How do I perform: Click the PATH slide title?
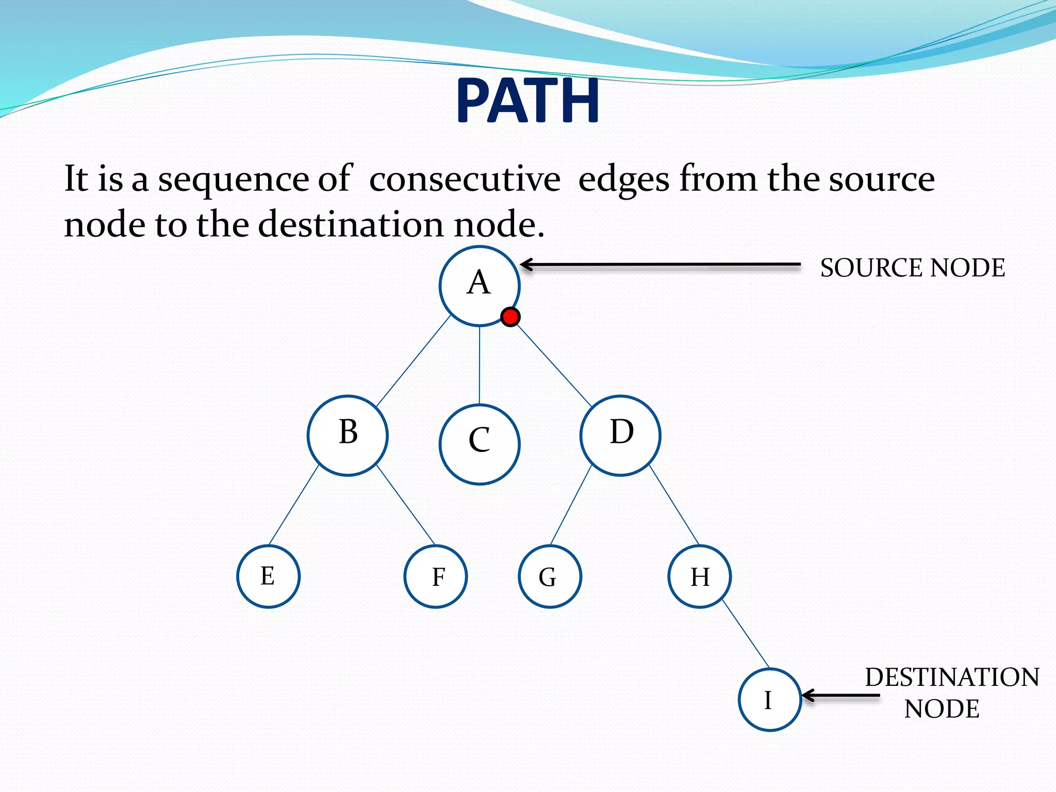pyautogui.click(x=527, y=100)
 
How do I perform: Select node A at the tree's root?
pyautogui.click(x=479, y=286)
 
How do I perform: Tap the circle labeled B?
pyautogui.click(x=348, y=435)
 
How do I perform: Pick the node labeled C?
pyautogui.click(x=479, y=444)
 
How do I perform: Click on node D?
pyautogui.click(x=620, y=435)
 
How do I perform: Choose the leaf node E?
pyautogui.click(x=268, y=576)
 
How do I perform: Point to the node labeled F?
pyautogui.click(x=436, y=576)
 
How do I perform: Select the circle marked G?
pyautogui.click(x=550, y=576)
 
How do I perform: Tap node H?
pyautogui.click(x=699, y=576)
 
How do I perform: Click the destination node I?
pyautogui.click(x=769, y=699)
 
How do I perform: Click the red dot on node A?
pyautogui.click(x=510, y=317)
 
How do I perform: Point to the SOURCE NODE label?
pyautogui.click(x=912, y=268)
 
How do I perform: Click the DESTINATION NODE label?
pyautogui.click(x=951, y=692)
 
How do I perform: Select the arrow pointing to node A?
pyautogui.click(x=660, y=265)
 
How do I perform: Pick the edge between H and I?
pyautogui.click(x=746, y=634)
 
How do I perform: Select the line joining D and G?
pyautogui.click(x=571, y=505)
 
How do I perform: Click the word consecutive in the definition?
pyautogui.click(x=465, y=179)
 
